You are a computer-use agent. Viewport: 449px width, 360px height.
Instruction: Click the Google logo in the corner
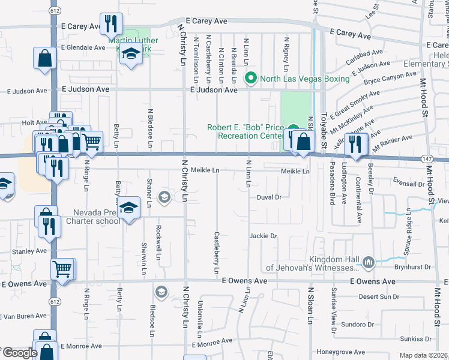tap(19, 353)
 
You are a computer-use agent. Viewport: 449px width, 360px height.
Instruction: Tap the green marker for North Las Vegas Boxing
tap(251, 79)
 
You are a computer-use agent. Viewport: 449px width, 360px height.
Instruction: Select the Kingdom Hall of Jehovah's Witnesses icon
tap(368, 261)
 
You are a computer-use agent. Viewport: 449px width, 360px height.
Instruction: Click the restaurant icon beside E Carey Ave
tap(111, 23)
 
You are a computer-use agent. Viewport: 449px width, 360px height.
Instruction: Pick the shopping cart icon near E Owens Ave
tap(63, 269)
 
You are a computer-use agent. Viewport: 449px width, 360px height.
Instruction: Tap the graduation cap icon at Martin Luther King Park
tap(130, 53)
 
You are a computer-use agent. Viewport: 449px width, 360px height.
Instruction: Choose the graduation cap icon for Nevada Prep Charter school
tap(128, 208)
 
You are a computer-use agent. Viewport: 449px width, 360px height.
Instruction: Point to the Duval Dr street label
tap(269, 197)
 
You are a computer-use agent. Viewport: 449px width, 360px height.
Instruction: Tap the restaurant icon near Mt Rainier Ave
tap(356, 145)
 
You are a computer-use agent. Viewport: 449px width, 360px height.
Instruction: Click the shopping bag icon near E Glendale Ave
tap(45, 58)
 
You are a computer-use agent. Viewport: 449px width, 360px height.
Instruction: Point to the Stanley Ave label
tap(16, 251)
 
